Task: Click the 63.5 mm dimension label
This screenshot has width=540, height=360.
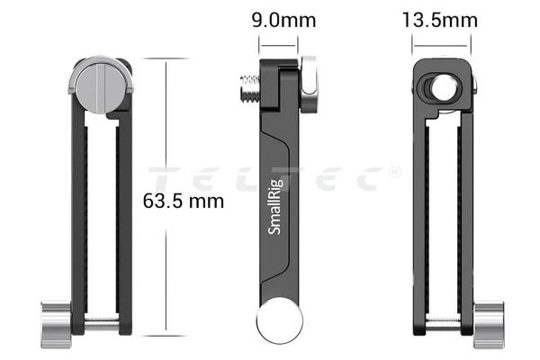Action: coord(183,201)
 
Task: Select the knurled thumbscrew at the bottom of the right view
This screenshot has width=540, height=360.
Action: coord(488,319)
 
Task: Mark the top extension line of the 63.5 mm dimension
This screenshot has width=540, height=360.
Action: coord(166,59)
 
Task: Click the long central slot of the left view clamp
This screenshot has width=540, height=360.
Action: coord(101,216)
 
